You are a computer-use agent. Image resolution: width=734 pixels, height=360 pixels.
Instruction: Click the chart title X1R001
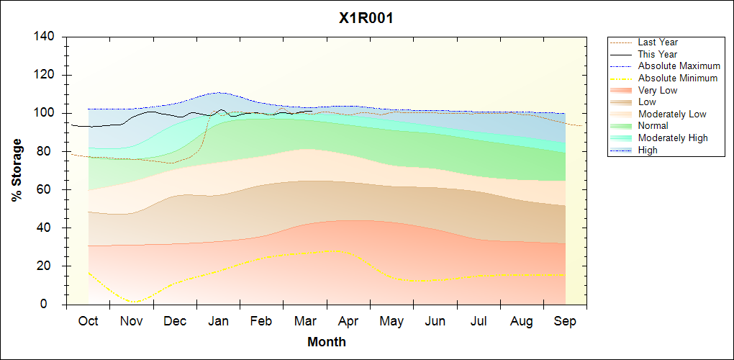coord(366,19)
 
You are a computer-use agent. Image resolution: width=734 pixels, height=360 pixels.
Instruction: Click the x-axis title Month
coord(327,342)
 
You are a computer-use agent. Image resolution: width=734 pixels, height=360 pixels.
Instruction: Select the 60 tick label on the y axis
coord(48,189)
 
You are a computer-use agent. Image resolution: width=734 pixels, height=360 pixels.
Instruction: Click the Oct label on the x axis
coord(88,321)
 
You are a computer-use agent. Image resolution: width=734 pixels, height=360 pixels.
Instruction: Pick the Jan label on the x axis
coord(218,321)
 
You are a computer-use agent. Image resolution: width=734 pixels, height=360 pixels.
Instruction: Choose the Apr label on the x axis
coord(348,321)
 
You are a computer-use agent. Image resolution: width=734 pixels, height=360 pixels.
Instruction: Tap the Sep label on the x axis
coord(565,321)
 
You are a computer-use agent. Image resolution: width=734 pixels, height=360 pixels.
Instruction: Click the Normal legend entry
coord(653,126)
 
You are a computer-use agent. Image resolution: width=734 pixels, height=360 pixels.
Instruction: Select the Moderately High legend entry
coord(673,138)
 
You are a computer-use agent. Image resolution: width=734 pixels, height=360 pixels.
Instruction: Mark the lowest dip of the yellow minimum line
coord(132,302)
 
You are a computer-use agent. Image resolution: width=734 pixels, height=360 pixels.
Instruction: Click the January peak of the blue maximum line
coord(217,92)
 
